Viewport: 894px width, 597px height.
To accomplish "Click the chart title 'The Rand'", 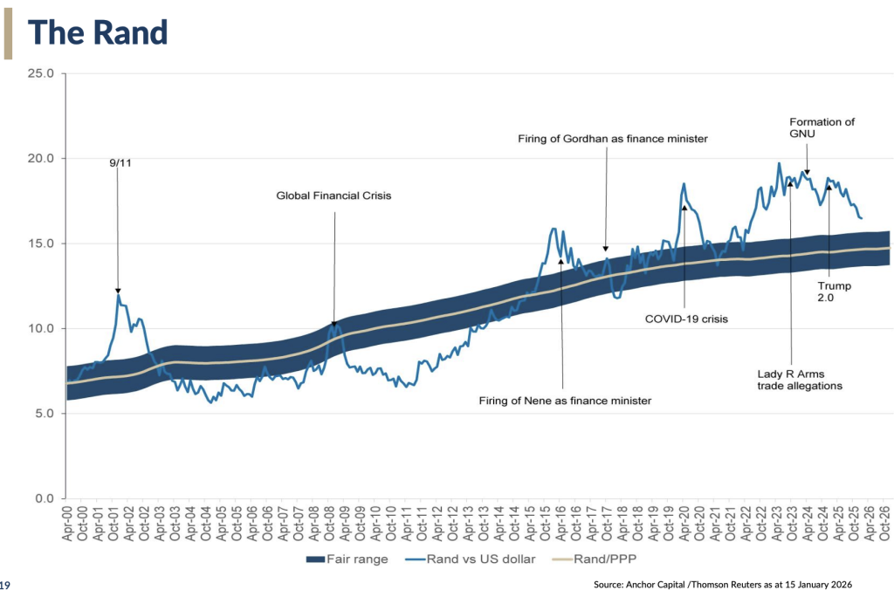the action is pos(98,32).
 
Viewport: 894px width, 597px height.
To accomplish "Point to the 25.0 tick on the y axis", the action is pos(41,73).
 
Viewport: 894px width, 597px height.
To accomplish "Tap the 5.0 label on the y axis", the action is pos(45,414).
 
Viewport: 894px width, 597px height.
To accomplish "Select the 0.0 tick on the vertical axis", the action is pos(45,498).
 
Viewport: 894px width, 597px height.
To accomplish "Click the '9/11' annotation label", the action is pos(120,163).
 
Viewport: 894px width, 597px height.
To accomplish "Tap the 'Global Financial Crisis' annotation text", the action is pos(334,196).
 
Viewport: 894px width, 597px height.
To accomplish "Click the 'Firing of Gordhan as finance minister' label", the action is pos(612,139).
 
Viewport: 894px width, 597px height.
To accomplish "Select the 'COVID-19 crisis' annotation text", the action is pos(686,319).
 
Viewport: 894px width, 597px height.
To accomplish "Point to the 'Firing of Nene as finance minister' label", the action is pos(565,401).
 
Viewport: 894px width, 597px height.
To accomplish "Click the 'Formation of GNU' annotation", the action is pos(822,127).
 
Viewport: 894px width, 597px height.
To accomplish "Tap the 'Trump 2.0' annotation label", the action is pos(834,292).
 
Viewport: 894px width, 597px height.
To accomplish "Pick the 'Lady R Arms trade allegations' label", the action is pos(800,380).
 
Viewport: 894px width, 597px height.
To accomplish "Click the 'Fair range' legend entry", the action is pos(347,559).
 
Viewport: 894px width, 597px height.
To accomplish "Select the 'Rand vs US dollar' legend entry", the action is pos(471,559).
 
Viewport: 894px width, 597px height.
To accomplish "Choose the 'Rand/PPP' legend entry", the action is pos(594,559).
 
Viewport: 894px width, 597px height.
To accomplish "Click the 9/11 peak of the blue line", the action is pos(118,293).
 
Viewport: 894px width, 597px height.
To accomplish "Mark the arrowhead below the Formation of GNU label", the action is pos(807,172).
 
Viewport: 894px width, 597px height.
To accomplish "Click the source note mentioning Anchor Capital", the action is pos(722,585).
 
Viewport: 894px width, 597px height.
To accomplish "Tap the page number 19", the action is pos(4,585).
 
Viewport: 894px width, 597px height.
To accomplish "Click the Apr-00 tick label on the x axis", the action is pos(67,523).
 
